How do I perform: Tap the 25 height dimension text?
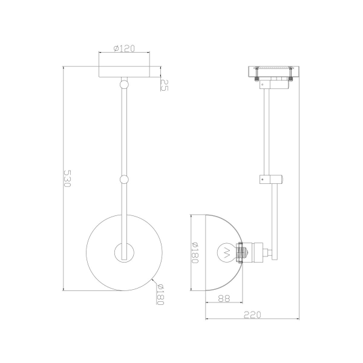point(163,85)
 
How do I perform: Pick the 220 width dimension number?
point(253,314)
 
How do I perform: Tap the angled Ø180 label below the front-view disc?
point(160,295)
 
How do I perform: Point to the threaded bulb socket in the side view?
point(242,250)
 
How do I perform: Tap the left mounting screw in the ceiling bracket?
point(257,76)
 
